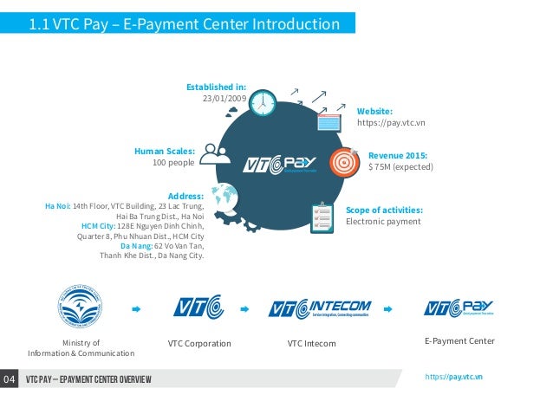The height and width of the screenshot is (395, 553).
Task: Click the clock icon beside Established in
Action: [262, 103]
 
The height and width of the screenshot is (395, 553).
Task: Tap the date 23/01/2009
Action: [224, 99]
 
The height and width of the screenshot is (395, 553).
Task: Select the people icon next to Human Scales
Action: [214, 153]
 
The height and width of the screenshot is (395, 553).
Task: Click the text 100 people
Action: [172, 162]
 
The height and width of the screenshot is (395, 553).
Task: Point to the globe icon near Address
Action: [224, 197]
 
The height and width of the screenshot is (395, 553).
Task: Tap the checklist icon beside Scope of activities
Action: [322, 213]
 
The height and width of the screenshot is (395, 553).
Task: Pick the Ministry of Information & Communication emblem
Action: [81, 308]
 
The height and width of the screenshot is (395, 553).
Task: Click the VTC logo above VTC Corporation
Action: [198, 308]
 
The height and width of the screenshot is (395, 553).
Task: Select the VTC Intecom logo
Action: [321, 308]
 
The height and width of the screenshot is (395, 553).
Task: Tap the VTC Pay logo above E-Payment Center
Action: [459, 308]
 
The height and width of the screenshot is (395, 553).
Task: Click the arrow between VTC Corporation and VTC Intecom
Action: [245, 308]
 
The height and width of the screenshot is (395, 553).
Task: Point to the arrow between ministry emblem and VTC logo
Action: [135, 308]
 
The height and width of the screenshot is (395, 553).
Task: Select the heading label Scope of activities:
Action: [384, 210]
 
